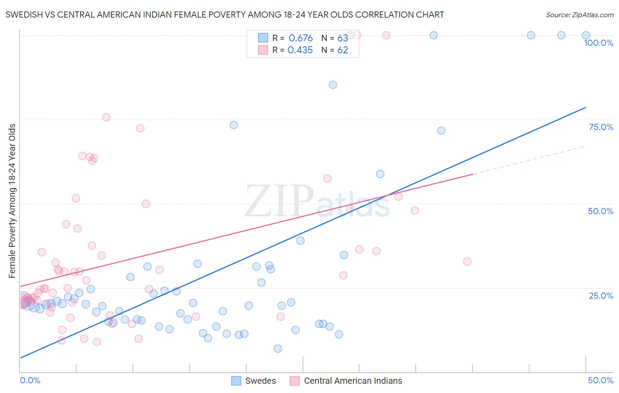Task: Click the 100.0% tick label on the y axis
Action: click(x=598, y=43)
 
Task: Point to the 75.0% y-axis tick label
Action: click(x=601, y=127)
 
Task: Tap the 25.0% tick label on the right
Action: click(x=601, y=296)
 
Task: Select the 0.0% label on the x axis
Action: click(x=30, y=380)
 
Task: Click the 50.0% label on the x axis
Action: click(x=601, y=380)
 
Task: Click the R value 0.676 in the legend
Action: click(x=301, y=38)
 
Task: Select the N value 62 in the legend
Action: click(x=343, y=50)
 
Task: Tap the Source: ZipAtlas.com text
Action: click(x=579, y=15)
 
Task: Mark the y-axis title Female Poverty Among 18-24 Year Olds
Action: click(x=12, y=201)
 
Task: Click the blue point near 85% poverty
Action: click(x=333, y=85)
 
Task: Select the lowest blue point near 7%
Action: click(x=278, y=349)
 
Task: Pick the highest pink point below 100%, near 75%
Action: click(x=106, y=117)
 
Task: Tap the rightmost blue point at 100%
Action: click(x=586, y=35)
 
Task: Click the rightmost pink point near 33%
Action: click(x=467, y=262)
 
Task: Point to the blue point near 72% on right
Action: click(x=441, y=130)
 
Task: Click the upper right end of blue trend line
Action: click(x=585, y=108)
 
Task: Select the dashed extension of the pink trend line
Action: click(x=528, y=160)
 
